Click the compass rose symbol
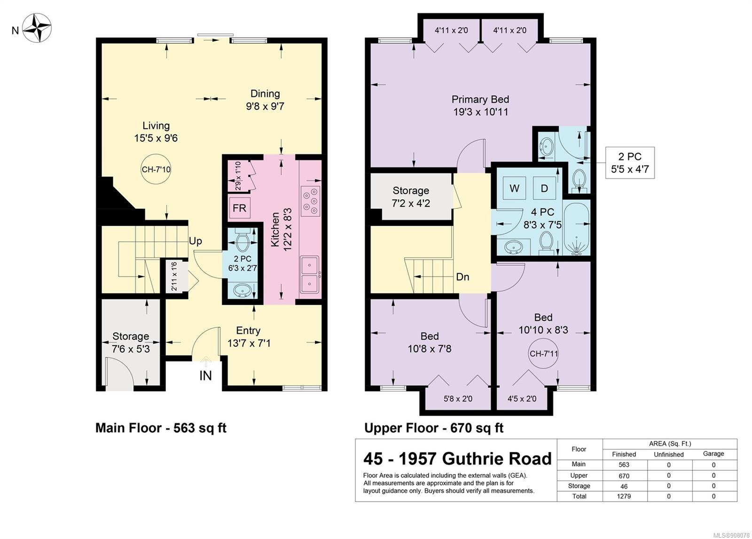(37, 28)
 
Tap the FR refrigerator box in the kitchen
(239, 208)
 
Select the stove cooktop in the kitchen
(310, 201)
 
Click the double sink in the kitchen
(310, 274)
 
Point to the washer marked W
(514, 188)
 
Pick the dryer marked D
(544, 188)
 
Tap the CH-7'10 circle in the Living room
(156, 169)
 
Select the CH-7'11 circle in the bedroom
(543, 354)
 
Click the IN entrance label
(205, 376)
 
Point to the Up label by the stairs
(196, 241)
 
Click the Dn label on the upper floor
(462, 277)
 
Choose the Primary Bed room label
(480, 99)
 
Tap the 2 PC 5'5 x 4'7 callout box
(630, 163)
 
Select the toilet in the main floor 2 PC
(242, 239)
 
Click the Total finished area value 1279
(624, 496)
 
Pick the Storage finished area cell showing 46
(624, 486)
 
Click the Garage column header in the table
(713, 454)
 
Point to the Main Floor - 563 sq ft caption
(161, 428)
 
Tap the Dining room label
(265, 94)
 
